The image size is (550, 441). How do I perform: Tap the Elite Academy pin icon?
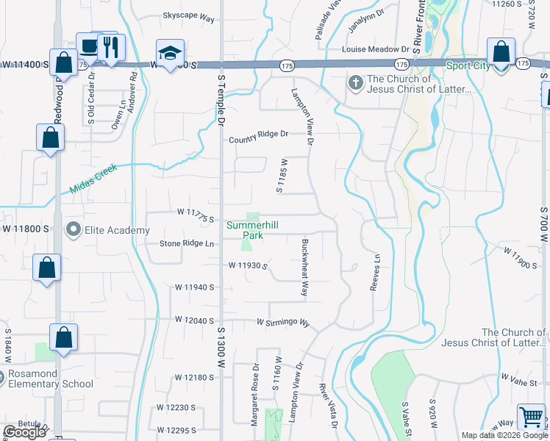coord(73,230)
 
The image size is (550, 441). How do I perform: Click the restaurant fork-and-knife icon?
coord(111,49)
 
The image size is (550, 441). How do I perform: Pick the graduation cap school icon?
coord(171,54)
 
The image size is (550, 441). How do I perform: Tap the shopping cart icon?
coord(531,417)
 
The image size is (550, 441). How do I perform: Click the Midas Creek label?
coord(93,178)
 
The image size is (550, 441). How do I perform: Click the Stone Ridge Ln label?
coord(187,243)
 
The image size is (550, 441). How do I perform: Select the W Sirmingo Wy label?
coord(283,322)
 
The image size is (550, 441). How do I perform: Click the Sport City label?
coord(468,65)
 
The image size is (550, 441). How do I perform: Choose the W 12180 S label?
coord(194,377)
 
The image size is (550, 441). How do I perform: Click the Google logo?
coord(24,433)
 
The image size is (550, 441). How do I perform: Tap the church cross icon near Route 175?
coord(356,82)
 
